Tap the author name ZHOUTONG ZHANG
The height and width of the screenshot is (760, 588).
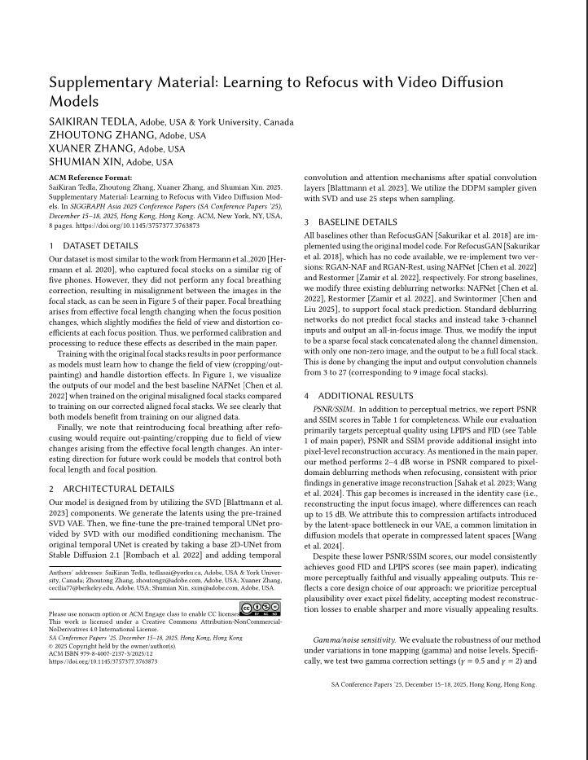pos(103,135)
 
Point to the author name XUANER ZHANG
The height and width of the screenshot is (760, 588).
pos(92,149)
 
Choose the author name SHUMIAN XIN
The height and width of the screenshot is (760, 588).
pos(88,162)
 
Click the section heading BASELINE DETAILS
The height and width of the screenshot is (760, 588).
pos(361,222)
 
